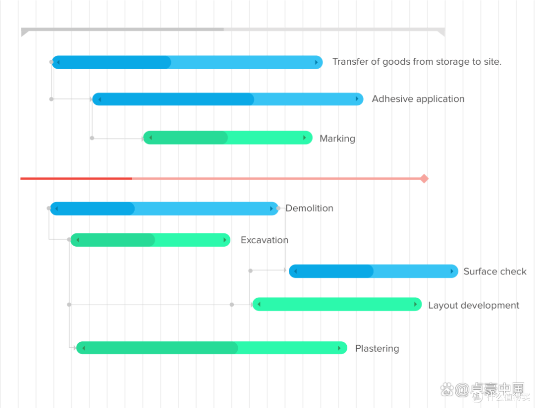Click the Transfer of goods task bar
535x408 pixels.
[x=187, y=62]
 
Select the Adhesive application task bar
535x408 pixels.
[x=227, y=99]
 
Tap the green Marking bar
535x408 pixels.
[x=227, y=137]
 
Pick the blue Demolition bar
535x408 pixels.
[x=164, y=208]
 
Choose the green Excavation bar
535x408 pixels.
[x=150, y=240]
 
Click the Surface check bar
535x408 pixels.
[x=374, y=271]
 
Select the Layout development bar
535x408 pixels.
[x=337, y=304]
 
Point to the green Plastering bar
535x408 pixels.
[x=212, y=348]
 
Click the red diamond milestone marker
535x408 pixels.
[x=424, y=179]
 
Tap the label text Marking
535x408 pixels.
[x=337, y=138]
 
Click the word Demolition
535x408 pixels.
[x=309, y=208]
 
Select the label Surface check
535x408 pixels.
[x=495, y=272]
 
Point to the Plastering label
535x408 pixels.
[x=377, y=348]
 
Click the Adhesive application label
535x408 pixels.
[x=418, y=99]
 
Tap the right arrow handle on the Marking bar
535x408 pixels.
[x=304, y=137]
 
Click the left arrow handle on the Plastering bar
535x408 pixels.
[x=84, y=348]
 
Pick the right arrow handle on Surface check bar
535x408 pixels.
[x=452, y=271]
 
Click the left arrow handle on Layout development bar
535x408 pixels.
[x=259, y=304]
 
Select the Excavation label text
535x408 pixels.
[x=265, y=240]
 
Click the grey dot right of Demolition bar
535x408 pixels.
[x=278, y=208]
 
